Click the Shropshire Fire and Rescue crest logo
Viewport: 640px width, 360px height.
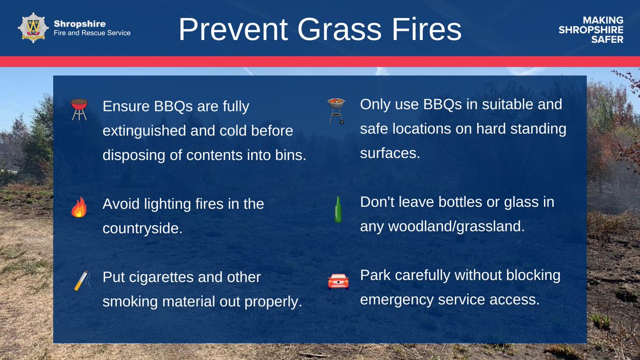coord(33,28)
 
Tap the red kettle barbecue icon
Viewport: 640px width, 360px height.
coord(79,108)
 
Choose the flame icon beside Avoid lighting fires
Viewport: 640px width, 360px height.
coord(79,207)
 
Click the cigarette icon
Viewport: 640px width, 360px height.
coord(80,281)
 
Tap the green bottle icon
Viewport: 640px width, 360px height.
coord(338,209)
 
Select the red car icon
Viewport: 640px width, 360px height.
coord(338,281)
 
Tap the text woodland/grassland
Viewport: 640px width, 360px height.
coord(442,226)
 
